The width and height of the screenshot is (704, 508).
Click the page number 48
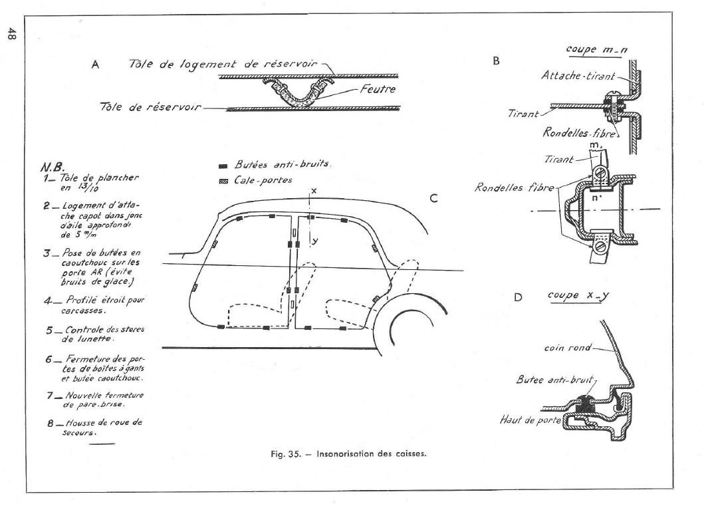[x=12, y=34]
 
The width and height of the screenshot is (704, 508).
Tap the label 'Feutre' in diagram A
[x=378, y=89]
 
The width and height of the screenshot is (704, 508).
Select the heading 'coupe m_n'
[x=597, y=49]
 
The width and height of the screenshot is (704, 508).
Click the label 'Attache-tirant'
[x=578, y=75]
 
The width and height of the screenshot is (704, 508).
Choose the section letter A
[x=95, y=64]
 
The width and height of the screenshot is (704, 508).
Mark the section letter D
[x=518, y=297]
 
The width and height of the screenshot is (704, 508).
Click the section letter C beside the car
[x=433, y=198]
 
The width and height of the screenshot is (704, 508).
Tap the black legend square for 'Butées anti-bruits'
[x=223, y=166]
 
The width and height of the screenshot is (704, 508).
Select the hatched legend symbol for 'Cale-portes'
[x=223, y=182]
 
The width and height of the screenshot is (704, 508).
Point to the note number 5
[x=50, y=330]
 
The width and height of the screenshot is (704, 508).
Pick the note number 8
[x=51, y=423]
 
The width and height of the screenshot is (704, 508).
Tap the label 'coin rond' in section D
[x=568, y=348]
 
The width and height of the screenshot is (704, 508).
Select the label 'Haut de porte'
[x=530, y=420]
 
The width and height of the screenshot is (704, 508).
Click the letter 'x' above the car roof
[x=314, y=191]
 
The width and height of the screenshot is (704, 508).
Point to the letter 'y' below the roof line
[x=315, y=241]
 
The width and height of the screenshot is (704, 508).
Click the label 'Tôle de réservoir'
[x=150, y=107]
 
